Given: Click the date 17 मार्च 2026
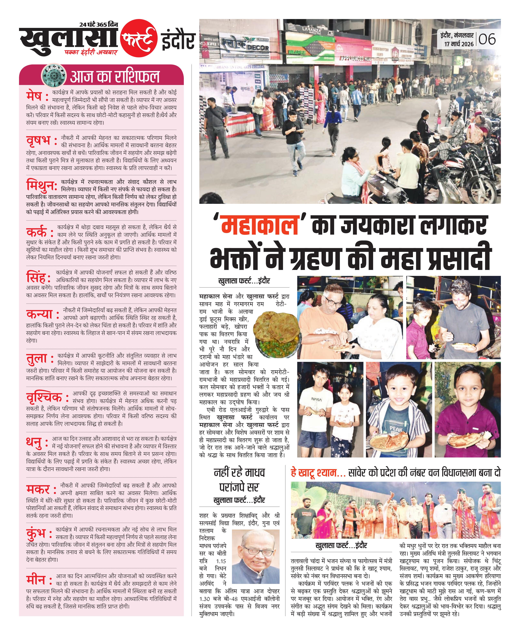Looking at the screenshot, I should (459, 44).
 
